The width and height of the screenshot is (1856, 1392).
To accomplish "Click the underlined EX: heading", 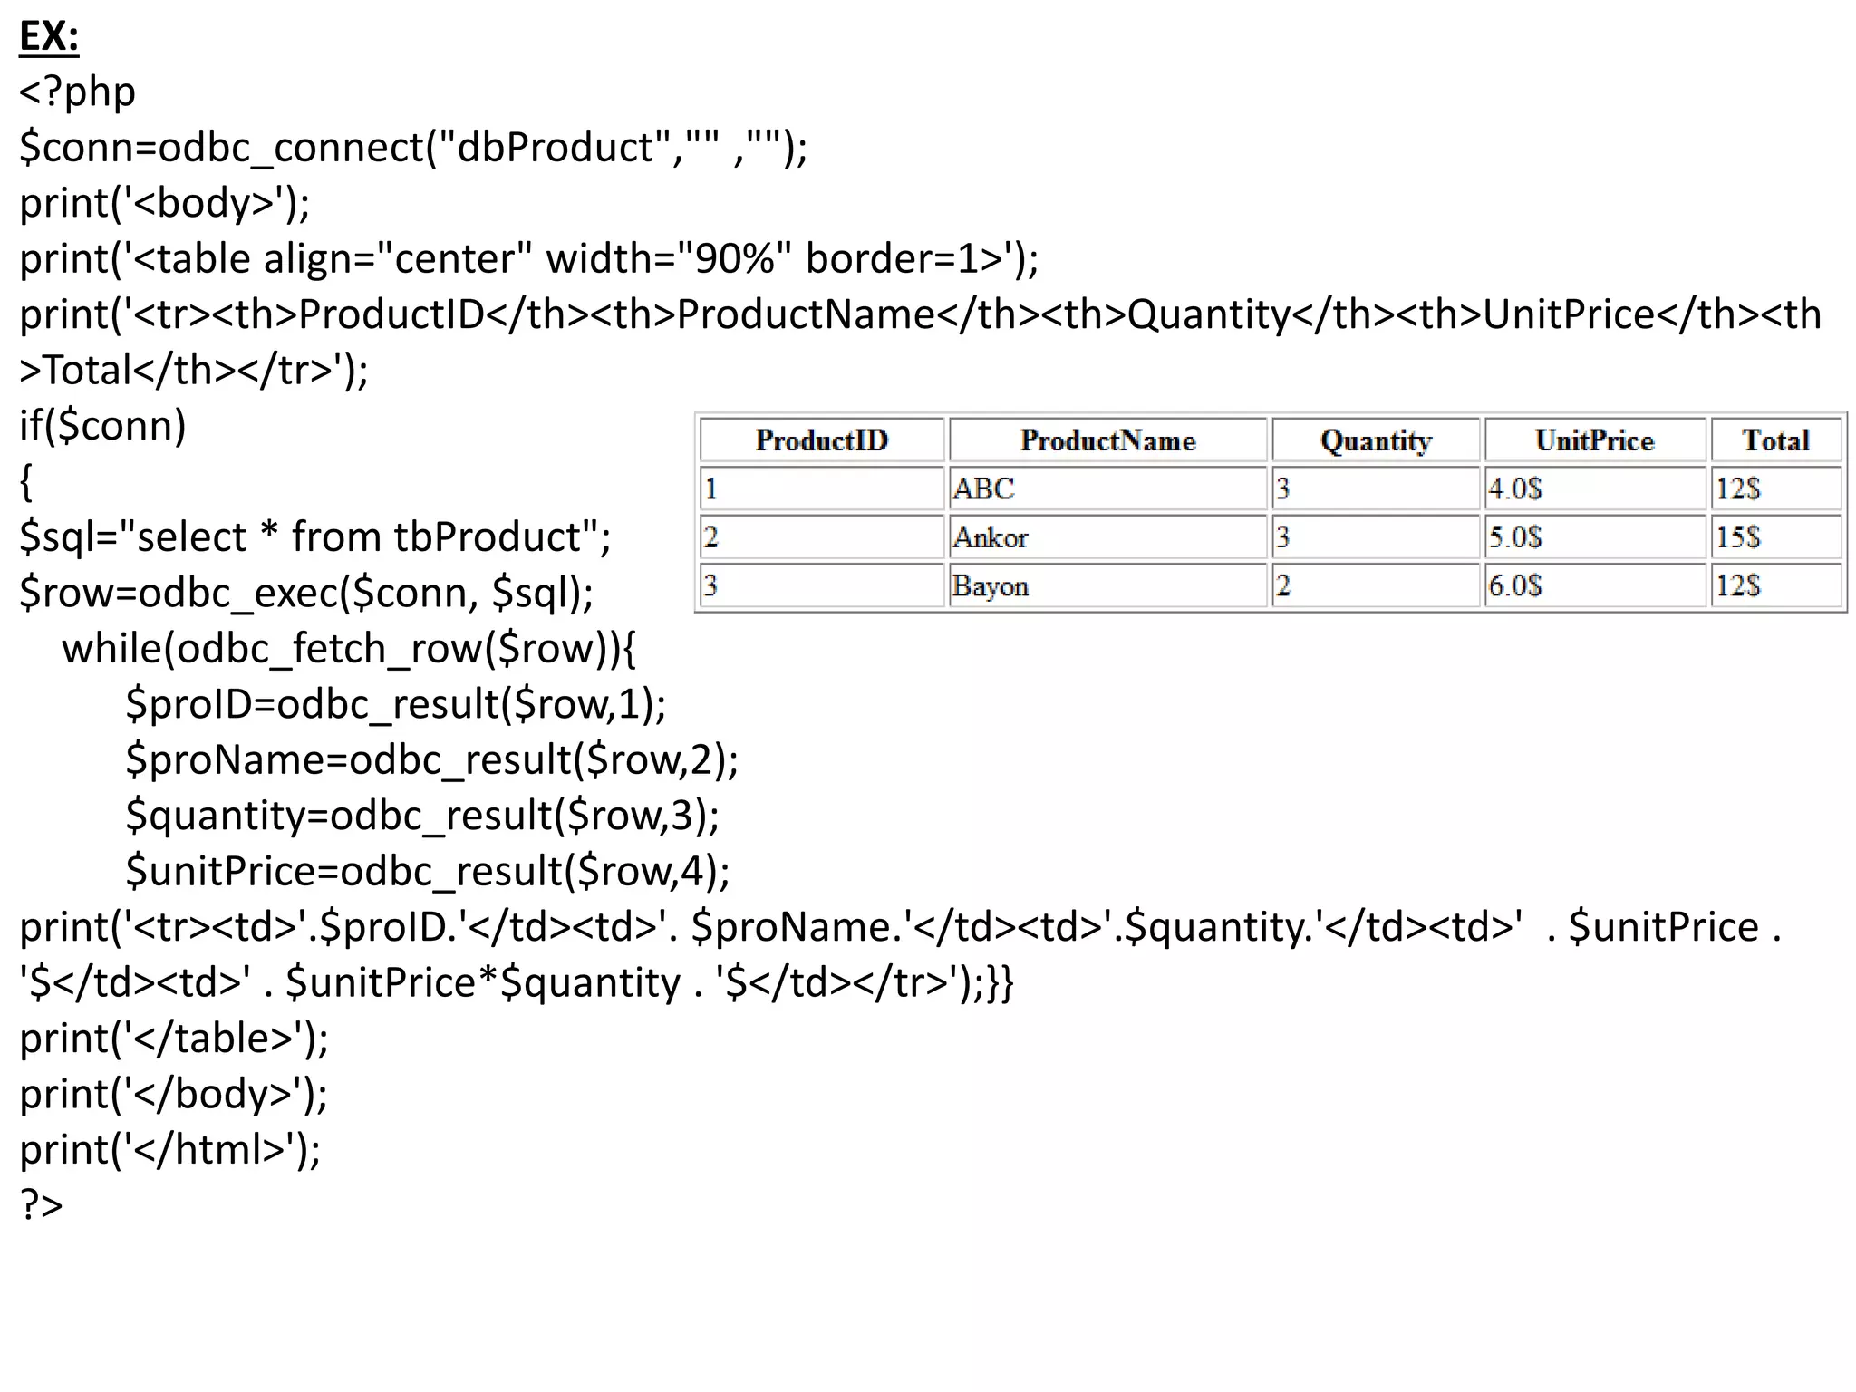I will coord(49,37).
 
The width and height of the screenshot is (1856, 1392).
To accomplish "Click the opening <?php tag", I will coord(78,92).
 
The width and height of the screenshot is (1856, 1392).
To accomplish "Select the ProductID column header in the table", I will coord(821,440).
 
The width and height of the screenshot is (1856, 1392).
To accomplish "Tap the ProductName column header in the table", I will coord(1107,440).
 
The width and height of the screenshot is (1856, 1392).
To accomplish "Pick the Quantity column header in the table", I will coord(1376,440).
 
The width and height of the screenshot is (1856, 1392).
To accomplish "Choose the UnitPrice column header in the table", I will coord(1594,440).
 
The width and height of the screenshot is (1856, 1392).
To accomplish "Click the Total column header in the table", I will coord(1775,440).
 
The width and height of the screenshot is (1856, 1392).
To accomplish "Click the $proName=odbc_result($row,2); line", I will coord(431,760).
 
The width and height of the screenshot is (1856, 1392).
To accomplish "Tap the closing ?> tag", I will coord(42,1205).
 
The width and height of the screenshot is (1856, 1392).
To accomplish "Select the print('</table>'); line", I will coord(174,1039).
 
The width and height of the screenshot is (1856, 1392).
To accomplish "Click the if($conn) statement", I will coord(102,426).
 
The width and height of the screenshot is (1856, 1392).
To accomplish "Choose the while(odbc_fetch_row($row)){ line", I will coord(349,649).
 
